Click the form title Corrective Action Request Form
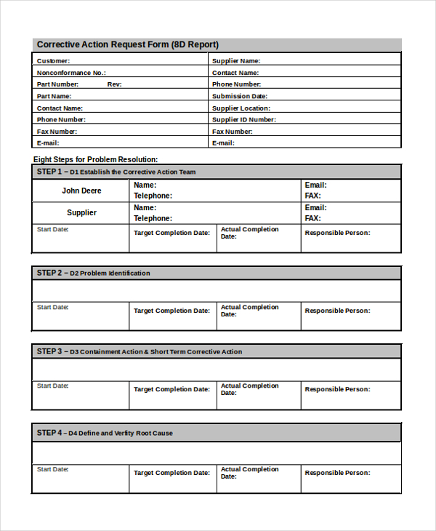(x=127, y=44)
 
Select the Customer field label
(x=54, y=61)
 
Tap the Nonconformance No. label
(x=71, y=73)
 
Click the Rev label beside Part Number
(x=114, y=84)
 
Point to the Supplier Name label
(x=236, y=61)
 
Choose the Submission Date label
(x=240, y=96)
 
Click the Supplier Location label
(x=241, y=108)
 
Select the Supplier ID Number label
(x=243, y=119)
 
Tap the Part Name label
(x=54, y=96)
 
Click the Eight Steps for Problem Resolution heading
(x=96, y=159)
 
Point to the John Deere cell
(x=81, y=191)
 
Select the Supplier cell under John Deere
(x=81, y=213)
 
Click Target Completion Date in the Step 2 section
(x=171, y=311)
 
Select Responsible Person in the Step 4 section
(x=337, y=473)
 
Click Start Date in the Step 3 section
(x=53, y=386)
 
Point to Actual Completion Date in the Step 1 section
(x=249, y=233)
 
